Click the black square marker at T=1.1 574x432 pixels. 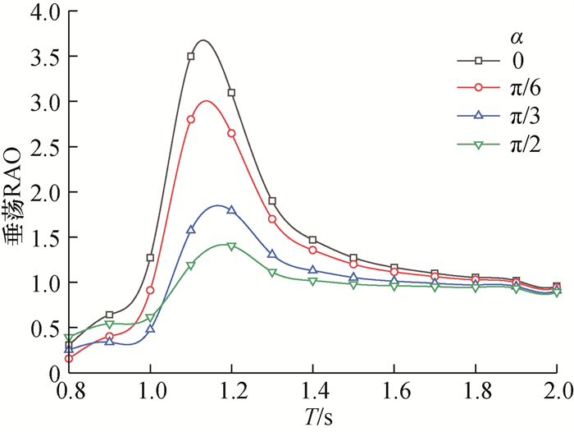[191, 57]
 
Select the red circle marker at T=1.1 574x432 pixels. [191, 119]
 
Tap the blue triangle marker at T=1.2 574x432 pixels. [231, 209]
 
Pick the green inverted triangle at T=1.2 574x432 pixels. [231, 246]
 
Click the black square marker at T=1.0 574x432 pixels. [150, 258]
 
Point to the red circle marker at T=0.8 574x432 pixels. [69, 358]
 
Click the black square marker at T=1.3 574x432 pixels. [272, 201]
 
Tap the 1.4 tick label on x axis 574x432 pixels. [313, 389]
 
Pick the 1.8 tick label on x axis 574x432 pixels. [476, 389]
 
